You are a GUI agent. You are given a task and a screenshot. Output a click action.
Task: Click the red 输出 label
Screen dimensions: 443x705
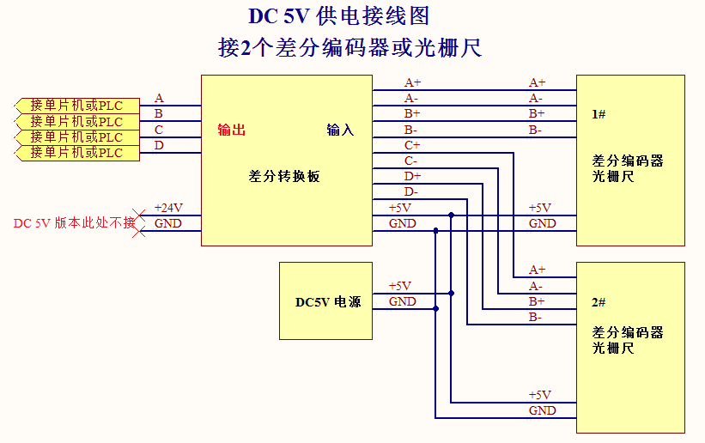[232, 130]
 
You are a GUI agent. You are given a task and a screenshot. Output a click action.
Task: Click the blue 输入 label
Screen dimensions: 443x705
[340, 130]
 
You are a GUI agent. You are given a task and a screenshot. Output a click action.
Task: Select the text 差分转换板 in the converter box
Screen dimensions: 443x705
[284, 176]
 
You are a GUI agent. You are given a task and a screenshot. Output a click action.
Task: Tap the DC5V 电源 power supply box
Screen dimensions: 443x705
[326, 301]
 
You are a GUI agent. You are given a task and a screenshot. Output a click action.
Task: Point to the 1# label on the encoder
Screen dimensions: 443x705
[599, 114]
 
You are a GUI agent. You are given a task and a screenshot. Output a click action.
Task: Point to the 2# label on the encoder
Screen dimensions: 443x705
[599, 303]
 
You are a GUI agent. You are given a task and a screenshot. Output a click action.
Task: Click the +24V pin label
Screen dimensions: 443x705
[168, 208]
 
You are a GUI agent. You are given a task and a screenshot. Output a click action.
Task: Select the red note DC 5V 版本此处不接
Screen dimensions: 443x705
[74, 223]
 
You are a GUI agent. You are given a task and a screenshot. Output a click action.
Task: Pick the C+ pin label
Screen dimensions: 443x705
[412, 145]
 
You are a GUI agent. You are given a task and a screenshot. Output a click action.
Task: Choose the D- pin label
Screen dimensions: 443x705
[411, 191]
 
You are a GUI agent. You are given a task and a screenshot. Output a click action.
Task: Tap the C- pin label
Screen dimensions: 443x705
[411, 161]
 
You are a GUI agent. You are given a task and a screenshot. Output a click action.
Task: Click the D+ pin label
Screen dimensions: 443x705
[412, 176]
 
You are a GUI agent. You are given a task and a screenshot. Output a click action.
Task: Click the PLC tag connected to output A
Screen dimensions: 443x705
[76, 106]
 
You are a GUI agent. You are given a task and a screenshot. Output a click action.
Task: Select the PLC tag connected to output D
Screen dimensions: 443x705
[76, 153]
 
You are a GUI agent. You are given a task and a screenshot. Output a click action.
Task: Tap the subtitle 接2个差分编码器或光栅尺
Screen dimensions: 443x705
[350, 48]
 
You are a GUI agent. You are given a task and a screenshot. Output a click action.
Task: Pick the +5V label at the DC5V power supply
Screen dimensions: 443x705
[400, 286]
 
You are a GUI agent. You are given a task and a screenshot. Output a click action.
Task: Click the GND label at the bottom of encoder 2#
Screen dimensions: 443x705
[543, 410]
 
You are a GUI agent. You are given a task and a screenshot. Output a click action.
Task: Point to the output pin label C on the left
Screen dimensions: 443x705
[159, 130]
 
